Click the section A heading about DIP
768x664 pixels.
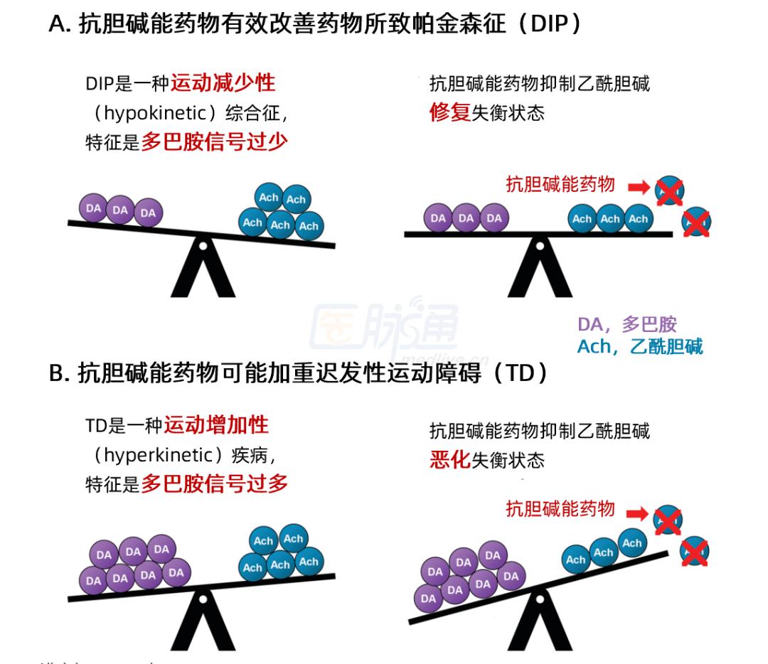pos(316,24)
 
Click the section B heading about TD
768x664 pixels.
pos(299,373)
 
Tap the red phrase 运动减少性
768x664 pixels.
pos(223,84)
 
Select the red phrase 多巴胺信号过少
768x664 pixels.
pos(214,142)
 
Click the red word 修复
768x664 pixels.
pos(450,112)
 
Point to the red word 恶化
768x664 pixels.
pos(450,460)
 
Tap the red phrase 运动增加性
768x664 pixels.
pos(216,425)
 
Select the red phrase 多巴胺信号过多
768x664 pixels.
pos(214,484)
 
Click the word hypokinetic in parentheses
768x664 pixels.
pos(157,113)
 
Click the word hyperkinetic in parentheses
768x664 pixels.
pos(158,455)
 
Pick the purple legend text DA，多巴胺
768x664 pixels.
pos(626,326)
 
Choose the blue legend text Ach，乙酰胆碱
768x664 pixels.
pos(639,347)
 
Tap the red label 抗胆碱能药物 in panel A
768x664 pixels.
pos(560,185)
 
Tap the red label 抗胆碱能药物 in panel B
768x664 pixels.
pos(560,509)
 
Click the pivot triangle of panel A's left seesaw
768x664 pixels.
pos(203,270)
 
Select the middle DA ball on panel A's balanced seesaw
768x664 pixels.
pos(466,218)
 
